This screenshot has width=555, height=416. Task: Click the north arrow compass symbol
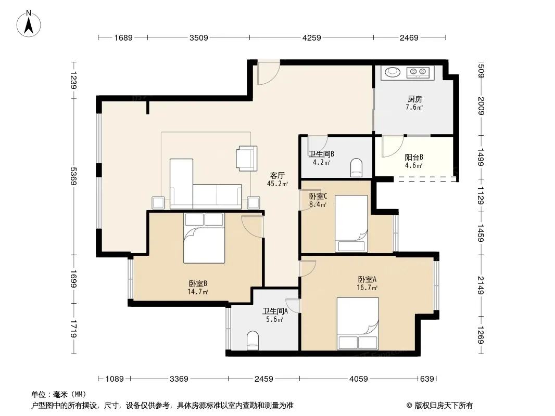click(x=29, y=23)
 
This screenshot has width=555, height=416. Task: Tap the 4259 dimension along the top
click(x=311, y=37)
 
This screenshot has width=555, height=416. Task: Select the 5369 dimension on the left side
click(x=73, y=176)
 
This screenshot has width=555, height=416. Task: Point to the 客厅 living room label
click(x=277, y=175)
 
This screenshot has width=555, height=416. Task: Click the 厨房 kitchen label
click(x=414, y=99)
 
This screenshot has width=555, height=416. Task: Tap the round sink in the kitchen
click(x=392, y=72)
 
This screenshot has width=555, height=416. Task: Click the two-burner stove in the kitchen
click(x=418, y=72)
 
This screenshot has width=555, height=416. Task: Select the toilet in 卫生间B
click(x=356, y=167)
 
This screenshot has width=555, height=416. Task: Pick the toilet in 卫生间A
click(x=253, y=340)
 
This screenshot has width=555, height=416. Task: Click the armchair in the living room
click(x=246, y=159)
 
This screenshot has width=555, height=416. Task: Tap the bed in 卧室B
click(x=204, y=238)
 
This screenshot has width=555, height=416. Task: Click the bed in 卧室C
click(x=351, y=224)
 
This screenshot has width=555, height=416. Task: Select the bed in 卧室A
click(x=358, y=323)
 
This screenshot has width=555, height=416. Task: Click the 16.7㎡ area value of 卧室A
click(x=367, y=288)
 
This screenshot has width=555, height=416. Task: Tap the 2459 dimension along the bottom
click(x=263, y=379)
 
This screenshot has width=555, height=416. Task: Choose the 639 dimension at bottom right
click(x=427, y=379)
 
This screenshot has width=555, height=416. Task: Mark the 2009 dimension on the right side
click(x=481, y=106)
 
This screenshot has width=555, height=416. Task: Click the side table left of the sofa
click(x=158, y=203)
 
